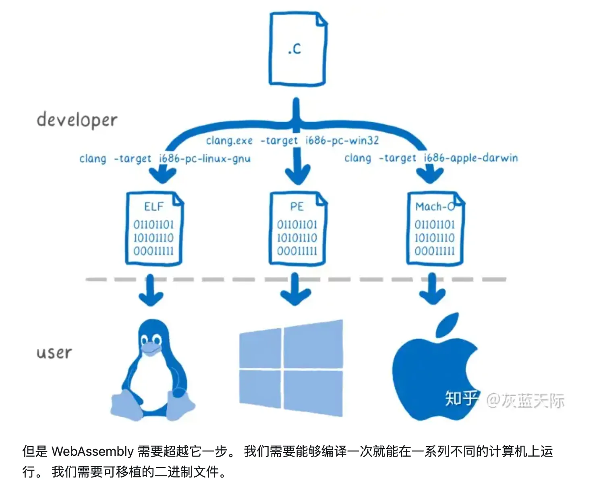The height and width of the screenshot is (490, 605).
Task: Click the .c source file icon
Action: click(297, 49)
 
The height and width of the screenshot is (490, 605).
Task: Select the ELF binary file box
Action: click(154, 229)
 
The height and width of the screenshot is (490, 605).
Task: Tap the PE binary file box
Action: click(297, 229)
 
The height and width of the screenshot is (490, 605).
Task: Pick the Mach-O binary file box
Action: click(435, 229)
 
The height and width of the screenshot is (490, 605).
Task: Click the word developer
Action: click(77, 120)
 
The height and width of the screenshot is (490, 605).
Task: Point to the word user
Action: click(54, 352)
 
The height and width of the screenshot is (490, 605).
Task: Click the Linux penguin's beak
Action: click(151, 349)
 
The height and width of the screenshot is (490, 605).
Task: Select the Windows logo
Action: click(291, 368)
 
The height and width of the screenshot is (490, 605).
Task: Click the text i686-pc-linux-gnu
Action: click(205, 159)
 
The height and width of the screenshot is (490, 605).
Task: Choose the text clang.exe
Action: click(229, 140)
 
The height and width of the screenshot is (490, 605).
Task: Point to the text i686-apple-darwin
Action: click(470, 158)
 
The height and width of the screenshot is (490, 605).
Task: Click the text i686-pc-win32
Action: click(342, 140)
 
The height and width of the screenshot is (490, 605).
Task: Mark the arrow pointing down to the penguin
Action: click(151, 290)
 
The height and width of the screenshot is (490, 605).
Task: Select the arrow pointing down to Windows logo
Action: click(295, 290)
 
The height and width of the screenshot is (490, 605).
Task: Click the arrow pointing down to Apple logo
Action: click(432, 290)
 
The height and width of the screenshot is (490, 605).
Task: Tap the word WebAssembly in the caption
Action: click(92, 451)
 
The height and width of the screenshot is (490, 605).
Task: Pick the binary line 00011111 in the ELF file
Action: click(153, 251)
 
